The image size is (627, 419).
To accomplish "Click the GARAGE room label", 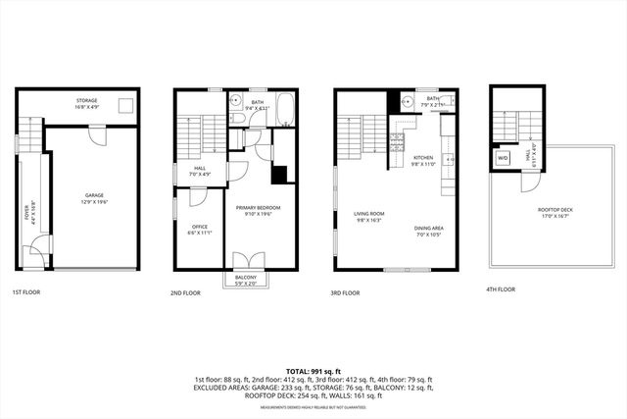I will click(93, 196).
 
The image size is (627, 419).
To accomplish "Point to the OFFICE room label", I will click(199, 229).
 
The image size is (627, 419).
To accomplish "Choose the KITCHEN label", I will click(422, 158).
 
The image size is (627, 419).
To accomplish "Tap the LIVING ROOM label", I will click(369, 214).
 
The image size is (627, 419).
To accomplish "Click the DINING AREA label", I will click(429, 228).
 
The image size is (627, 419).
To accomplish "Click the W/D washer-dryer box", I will click(504, 157).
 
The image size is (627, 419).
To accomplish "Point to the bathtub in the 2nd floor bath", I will click(283, 110).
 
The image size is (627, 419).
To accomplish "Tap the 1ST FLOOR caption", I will click(26, 292).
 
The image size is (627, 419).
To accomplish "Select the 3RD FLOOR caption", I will click(346, 292).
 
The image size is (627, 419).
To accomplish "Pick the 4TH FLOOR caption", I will click(500, 290).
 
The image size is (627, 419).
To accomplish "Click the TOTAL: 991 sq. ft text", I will click(313, 369).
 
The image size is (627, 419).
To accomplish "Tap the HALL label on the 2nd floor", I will click(200, 170).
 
